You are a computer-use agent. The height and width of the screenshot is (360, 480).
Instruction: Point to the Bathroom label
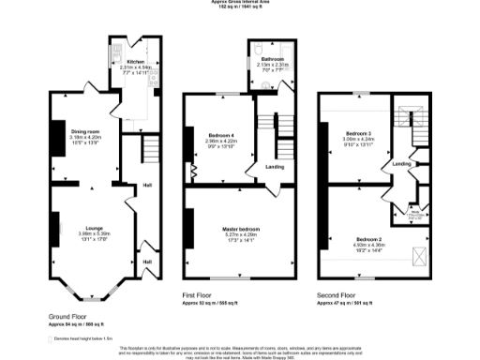coord(260,58)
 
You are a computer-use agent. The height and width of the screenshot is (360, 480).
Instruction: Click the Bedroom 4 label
coord(218,136)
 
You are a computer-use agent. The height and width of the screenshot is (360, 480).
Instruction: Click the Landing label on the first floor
coord(275,167)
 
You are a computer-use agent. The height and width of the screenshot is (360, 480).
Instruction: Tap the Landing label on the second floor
coord(401,165)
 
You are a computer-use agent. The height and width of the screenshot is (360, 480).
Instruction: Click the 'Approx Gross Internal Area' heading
coord(240,3)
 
